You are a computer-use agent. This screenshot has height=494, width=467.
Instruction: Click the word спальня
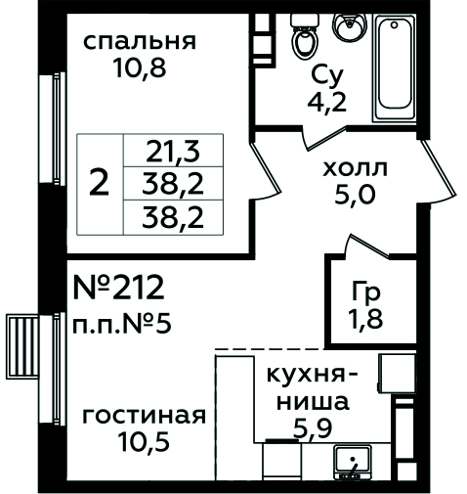[140, 42]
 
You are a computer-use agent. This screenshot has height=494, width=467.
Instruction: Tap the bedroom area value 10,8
[140, 68]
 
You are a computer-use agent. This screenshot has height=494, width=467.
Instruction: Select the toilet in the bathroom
[306, 36]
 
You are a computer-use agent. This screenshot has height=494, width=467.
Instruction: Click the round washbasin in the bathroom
[350, 27]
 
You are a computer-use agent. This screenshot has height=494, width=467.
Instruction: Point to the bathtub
[395, 67]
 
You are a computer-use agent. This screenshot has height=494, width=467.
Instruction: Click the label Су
[327, 76]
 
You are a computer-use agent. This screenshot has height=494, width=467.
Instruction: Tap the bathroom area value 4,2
[327, 103]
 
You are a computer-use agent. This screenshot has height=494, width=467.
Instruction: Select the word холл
[355, 168]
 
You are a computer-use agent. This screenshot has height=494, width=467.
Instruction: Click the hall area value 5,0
[355, 195]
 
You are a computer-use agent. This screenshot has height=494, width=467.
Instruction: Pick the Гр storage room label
[365, 293]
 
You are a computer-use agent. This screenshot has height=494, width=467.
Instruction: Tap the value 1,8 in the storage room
[365, 318]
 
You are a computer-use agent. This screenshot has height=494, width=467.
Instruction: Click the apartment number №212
[119, 288]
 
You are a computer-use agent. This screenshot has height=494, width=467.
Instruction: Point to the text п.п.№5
[121, 325]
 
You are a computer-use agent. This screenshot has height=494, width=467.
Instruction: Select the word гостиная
[145, 416]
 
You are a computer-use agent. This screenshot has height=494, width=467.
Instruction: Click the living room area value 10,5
[145, 441]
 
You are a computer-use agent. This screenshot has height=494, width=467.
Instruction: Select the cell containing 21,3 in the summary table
[173, 151]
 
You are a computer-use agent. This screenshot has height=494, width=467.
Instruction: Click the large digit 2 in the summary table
[99, 183]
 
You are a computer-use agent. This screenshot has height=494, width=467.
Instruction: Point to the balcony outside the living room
[22, 346]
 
